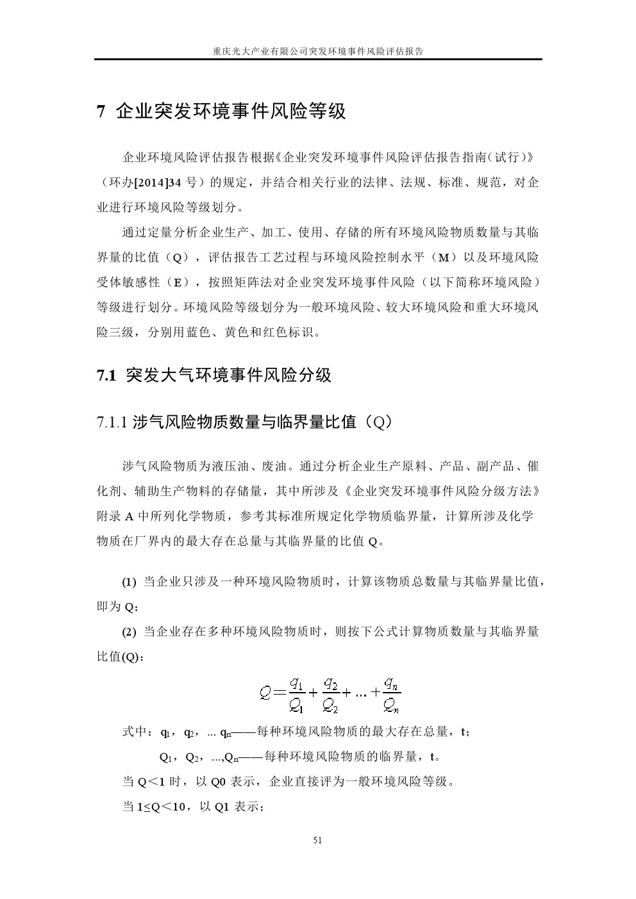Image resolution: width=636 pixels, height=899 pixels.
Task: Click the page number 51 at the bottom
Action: pos(317,840)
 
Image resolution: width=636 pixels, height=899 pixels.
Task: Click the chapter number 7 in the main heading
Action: pos(101,112)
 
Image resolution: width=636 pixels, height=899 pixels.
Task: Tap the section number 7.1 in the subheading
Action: pos(105,375)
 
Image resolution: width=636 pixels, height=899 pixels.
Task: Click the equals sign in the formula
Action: pos(278,693)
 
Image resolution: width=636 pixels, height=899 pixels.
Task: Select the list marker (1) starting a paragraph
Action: pos(130,582)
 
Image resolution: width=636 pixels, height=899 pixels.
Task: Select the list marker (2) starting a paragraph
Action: pos(130,632)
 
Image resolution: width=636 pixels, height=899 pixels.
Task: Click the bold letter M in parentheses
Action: pos(442,258)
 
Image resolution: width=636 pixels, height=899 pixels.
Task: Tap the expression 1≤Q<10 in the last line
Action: pos(163,807)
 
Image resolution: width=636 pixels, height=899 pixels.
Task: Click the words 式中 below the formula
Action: pos(136,732)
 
